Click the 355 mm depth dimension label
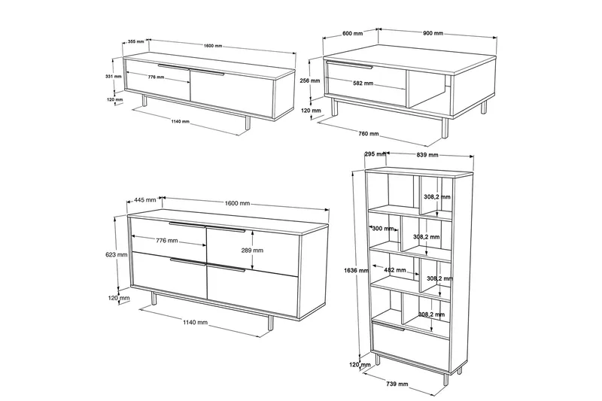click(x=136, y=41)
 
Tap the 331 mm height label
click(x=114, y=76)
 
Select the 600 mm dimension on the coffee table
click(x=352, y=33)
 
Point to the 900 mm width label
click(x=433, y=33)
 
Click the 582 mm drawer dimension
click(x=363, y=84)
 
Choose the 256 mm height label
click(x=310, y=81)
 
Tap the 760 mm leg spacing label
click(x=369, y=133)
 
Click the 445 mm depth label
click(x=145, y=200)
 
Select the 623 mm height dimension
click(x=117, y=254)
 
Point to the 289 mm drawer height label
click(x=252, y=251)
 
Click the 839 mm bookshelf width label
click(x=427, y=155)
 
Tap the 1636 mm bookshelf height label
click(x=356, y=271)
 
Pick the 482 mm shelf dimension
click(x=395, y=270)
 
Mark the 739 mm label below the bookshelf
click(x=397, y=384)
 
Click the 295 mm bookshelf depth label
click(x=375, y=154)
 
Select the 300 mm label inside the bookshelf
click(x=383, y=229)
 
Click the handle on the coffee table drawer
click(x=350, y=65)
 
